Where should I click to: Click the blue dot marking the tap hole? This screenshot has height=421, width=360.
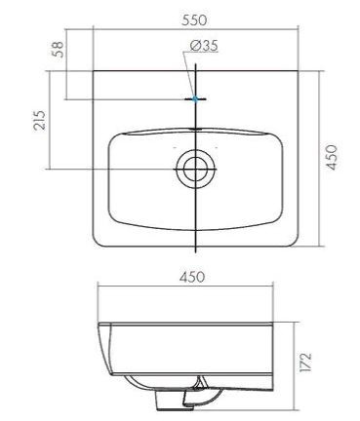tap(195, 98)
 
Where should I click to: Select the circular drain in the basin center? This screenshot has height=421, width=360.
tap(195, 170)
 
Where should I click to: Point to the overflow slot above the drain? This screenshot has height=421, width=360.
tap(195, 128)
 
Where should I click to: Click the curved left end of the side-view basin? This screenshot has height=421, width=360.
tap(103, 346)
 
